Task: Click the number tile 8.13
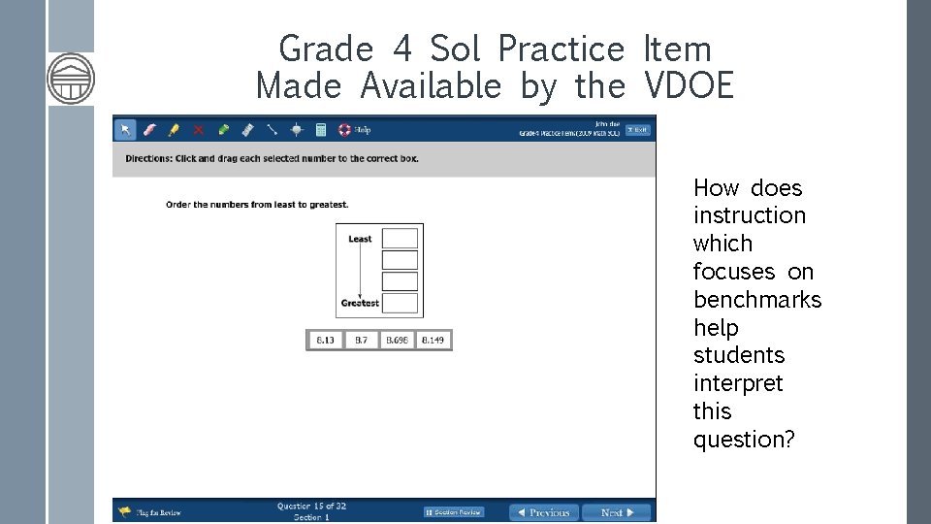pyautogui.click(x=325, y=341)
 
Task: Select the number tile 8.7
pyautogui.click(x=361, y=341)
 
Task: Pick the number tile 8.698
pyautogui.click(x=397, y=341)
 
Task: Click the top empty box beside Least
pyautogui.click(x=400, y=239)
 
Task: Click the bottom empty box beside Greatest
pyautogui.click(x=400, y=304)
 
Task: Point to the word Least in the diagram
pyautogui.click(x=360, y=239)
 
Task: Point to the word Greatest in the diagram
pyautogui.click(x=360, y=304)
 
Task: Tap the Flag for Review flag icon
pyautogui.click(x=125, y=511)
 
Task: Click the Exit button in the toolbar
pyautogui.click(x=637, y=130)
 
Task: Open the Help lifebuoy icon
pyautogui.click(x=344, y=129)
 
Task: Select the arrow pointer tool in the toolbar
pyautogui.click(x=125, y=129)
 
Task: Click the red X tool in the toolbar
pyautogui.click(x=198, y=129)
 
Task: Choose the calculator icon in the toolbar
pyautogui.click(x=321, y=129)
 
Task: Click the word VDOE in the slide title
pyautogui.click(x=689, y=86)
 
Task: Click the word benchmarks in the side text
pyautogui.click(x=757, y=300)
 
